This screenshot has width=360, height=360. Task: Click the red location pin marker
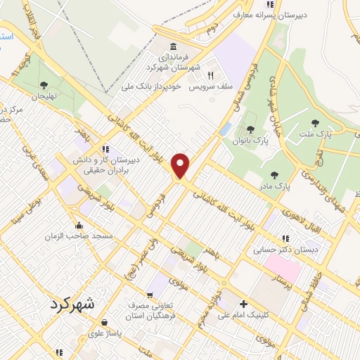pos(182,165)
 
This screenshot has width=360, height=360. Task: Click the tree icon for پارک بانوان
pos(250,129)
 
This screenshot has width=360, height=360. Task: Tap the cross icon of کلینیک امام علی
pos(243,304)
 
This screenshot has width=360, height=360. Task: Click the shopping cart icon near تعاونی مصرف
pos(150,295)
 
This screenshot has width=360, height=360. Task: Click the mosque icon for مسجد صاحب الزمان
pos(79,226)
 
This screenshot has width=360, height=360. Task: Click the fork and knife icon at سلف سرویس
pos(209,75)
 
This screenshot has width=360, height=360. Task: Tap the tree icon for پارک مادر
pos(274,176)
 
